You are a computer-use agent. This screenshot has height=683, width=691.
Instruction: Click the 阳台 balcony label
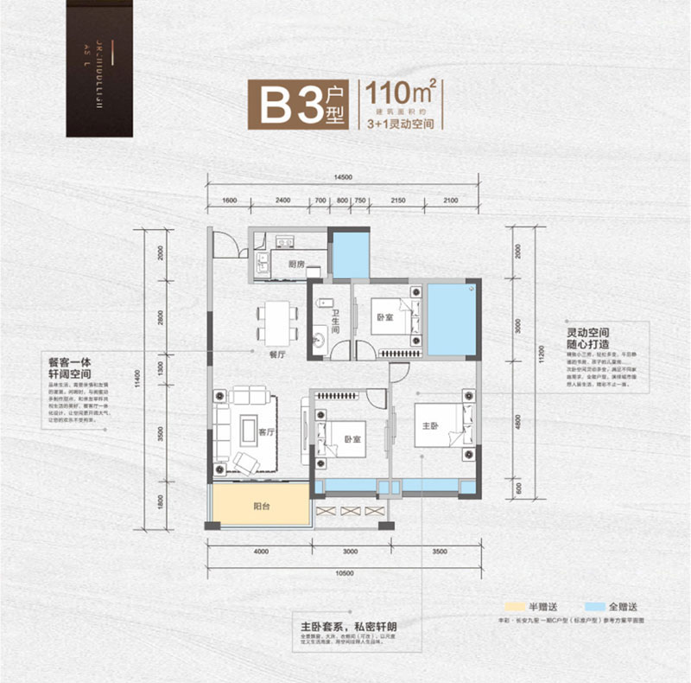pyautogui.click(x=263, y=507)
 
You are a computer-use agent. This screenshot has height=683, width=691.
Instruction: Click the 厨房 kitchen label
pyautogui.click(x=297, y=264)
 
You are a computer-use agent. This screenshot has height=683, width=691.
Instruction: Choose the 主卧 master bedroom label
pyautogui.click(x=430, y=425)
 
